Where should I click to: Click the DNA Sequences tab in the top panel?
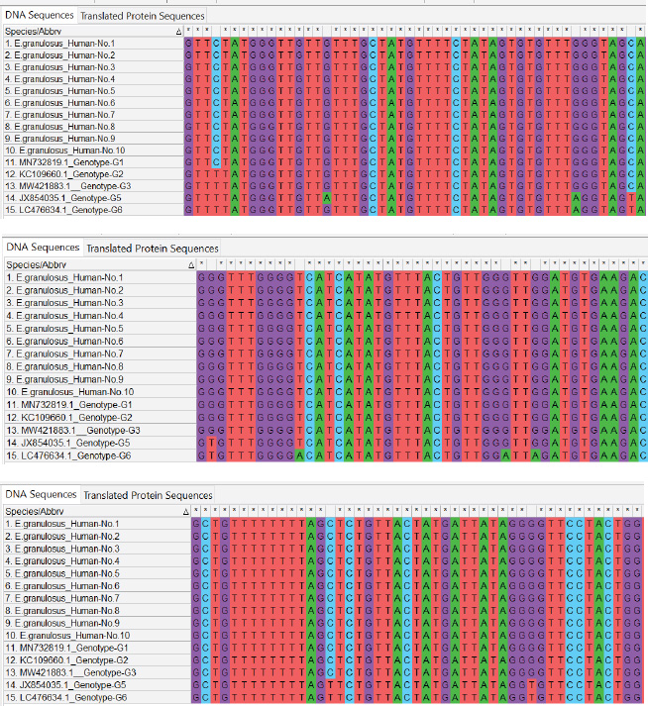(38, 16)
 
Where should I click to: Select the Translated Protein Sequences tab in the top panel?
(142, 16)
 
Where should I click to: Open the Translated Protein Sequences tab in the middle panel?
(153, 248)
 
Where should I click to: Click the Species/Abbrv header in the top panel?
(28, 32)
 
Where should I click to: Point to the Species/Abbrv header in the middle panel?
(32, 264)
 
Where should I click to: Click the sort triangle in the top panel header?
(178, 32)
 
